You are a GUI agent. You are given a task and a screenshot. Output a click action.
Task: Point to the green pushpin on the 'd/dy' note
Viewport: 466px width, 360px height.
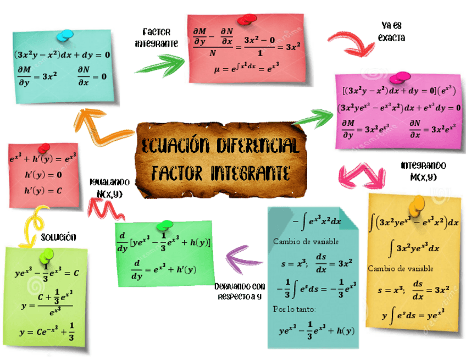164,226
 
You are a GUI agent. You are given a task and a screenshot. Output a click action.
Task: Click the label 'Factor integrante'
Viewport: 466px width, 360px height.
156,37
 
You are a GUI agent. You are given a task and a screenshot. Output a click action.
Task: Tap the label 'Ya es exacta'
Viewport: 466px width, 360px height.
391,31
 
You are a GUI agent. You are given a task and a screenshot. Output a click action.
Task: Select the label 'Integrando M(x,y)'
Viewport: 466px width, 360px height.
423,170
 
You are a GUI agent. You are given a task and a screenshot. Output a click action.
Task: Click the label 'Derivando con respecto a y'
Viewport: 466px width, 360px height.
240,291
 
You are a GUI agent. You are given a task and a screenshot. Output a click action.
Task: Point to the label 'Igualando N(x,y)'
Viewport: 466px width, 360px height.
110,187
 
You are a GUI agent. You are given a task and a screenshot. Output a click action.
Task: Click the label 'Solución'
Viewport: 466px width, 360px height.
58,237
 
